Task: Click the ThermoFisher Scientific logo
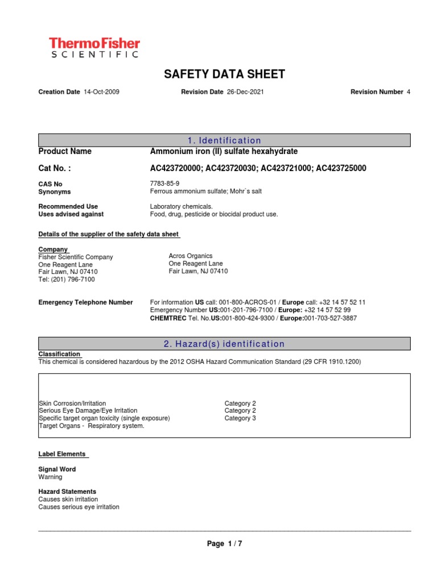(94, 47)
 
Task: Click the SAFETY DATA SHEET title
(224, 74)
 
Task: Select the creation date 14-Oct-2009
(101, 92)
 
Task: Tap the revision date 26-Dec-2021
(245, 92)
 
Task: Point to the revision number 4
(408, 92)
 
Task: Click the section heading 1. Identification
(224, 140)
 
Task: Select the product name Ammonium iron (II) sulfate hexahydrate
(224, 151)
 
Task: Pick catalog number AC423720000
(175, 168)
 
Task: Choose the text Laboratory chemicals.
(182, 206)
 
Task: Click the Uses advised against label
(71, 214)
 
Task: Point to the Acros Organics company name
(191, 256)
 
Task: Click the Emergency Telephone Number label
(85, 302)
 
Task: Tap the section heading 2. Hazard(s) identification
(224, 344)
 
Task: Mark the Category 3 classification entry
(240, 418)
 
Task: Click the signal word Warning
(50, 477)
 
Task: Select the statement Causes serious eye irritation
(79, 507)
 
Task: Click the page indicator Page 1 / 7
(224, 544)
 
